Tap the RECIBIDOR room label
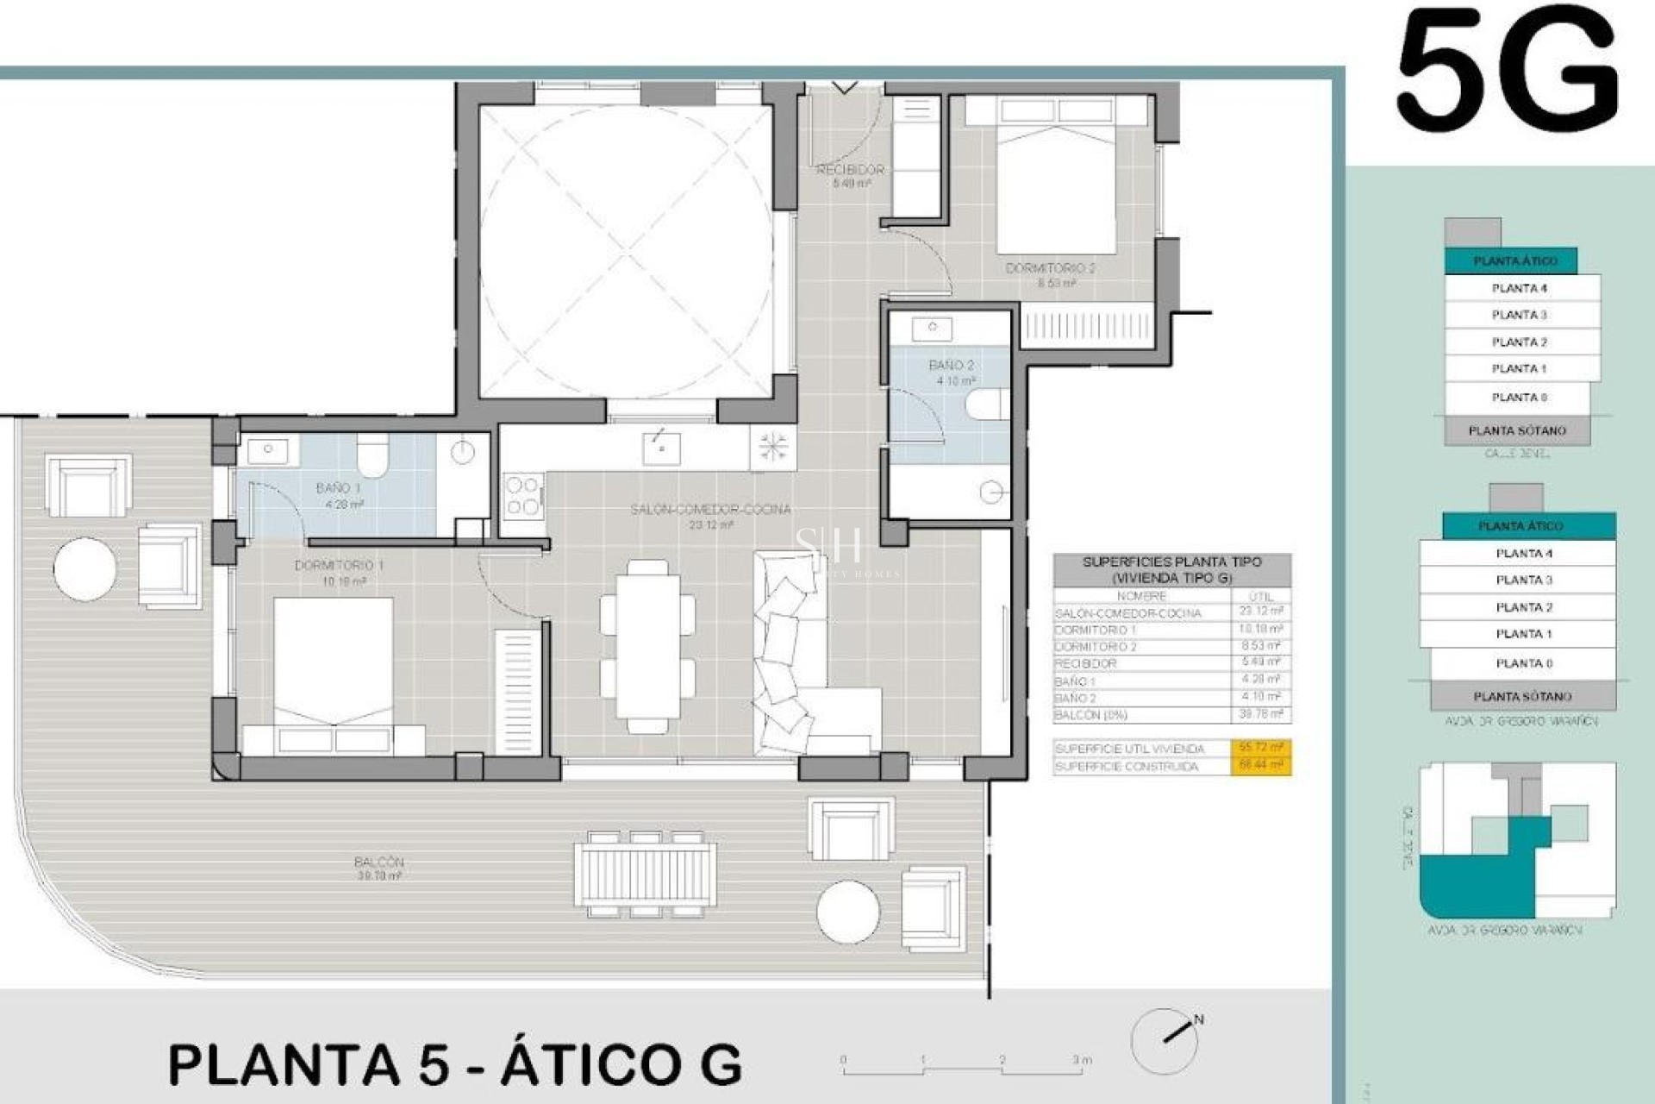point(851,170)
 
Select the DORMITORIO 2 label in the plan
point(1050,268)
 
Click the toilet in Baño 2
point(987,404)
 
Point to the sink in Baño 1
point(269,450)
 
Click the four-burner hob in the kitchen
point(522,496)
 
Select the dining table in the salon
point(647,646)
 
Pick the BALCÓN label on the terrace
point(378,862)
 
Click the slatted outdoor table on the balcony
point(646,875)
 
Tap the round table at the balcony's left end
point(84,568)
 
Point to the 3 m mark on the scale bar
point(1082,1060)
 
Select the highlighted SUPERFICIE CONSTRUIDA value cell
point(1260,766)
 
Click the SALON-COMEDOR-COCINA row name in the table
point(1127,613)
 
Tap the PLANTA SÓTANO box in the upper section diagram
point(1517,430)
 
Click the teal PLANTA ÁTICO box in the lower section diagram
point(1521,525)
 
